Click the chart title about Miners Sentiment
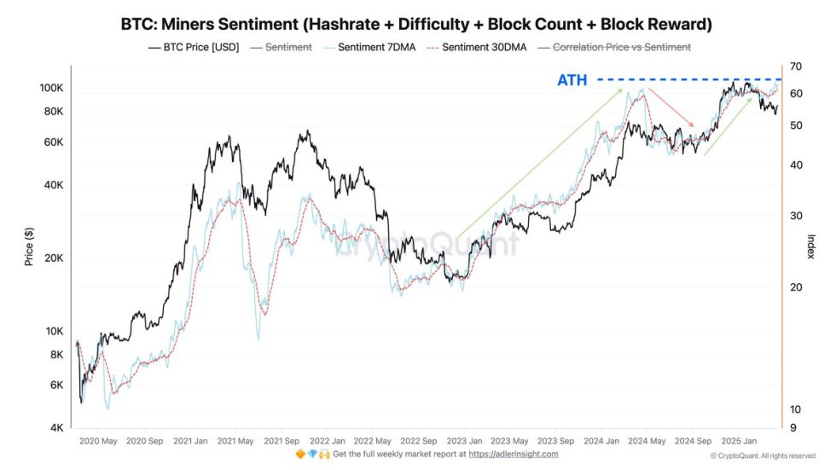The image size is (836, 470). (x=417, y=24)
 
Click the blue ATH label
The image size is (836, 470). (x=572, y=80)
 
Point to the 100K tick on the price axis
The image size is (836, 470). (x=50, y=88)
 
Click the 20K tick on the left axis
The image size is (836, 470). (x=53, y=258)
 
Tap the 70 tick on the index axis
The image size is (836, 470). (x=795, y=67)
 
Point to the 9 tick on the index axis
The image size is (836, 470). (x=792, y=428)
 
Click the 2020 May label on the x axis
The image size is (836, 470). (x=97, y=441)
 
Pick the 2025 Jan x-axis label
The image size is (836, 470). (x=739, y=441)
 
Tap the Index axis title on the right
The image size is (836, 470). (x=810, y=247)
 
